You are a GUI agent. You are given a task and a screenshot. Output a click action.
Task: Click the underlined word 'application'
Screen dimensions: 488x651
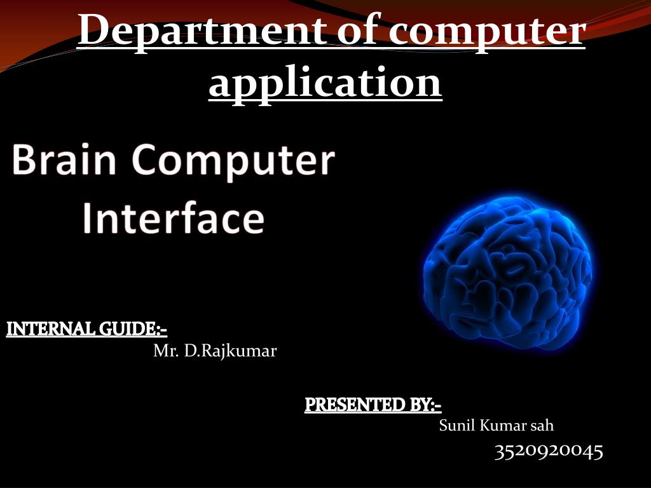(x=325, y=83)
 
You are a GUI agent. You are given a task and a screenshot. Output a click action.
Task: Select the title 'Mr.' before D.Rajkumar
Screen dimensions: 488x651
(x=166, y=351)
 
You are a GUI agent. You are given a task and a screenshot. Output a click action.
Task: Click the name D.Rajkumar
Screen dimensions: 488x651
(x=230, y=351)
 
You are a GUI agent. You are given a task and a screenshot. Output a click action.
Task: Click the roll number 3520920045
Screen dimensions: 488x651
(x=549, y=451)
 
